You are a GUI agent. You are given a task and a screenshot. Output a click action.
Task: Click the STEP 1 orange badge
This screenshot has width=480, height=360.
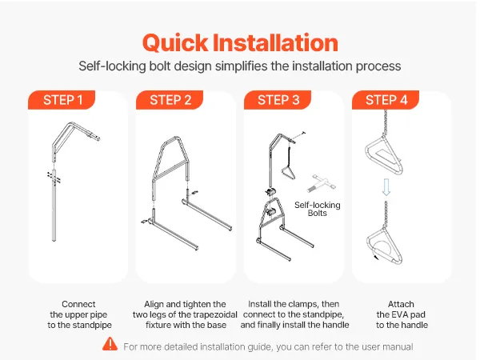tap(62, 100)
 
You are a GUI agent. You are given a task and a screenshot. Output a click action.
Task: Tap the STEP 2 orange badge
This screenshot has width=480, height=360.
tap(170, 100)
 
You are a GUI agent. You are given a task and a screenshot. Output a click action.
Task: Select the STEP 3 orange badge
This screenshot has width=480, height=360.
tap(278, 100)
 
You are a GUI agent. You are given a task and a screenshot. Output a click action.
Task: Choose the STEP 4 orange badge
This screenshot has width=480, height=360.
tap(386, 100)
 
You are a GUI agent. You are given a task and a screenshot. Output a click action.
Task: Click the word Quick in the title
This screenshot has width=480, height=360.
tap(175, 42)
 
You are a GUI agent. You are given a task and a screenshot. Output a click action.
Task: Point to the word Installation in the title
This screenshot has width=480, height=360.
tap(275, 42)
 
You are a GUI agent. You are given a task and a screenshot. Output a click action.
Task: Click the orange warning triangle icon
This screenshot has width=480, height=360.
tap(110, 344)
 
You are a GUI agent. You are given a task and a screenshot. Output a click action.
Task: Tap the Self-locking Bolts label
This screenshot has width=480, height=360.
tap(318, 209)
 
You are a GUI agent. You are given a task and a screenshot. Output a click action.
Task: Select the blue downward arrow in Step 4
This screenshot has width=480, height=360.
tap(386, 187)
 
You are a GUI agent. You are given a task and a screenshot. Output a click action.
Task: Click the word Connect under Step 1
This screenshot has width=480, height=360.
tap(78, 304)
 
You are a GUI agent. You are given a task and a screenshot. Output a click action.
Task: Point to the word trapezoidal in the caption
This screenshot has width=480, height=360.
tap(214, 314)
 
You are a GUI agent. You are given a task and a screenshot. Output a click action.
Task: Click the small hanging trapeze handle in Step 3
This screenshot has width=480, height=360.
tap(288, 172)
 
